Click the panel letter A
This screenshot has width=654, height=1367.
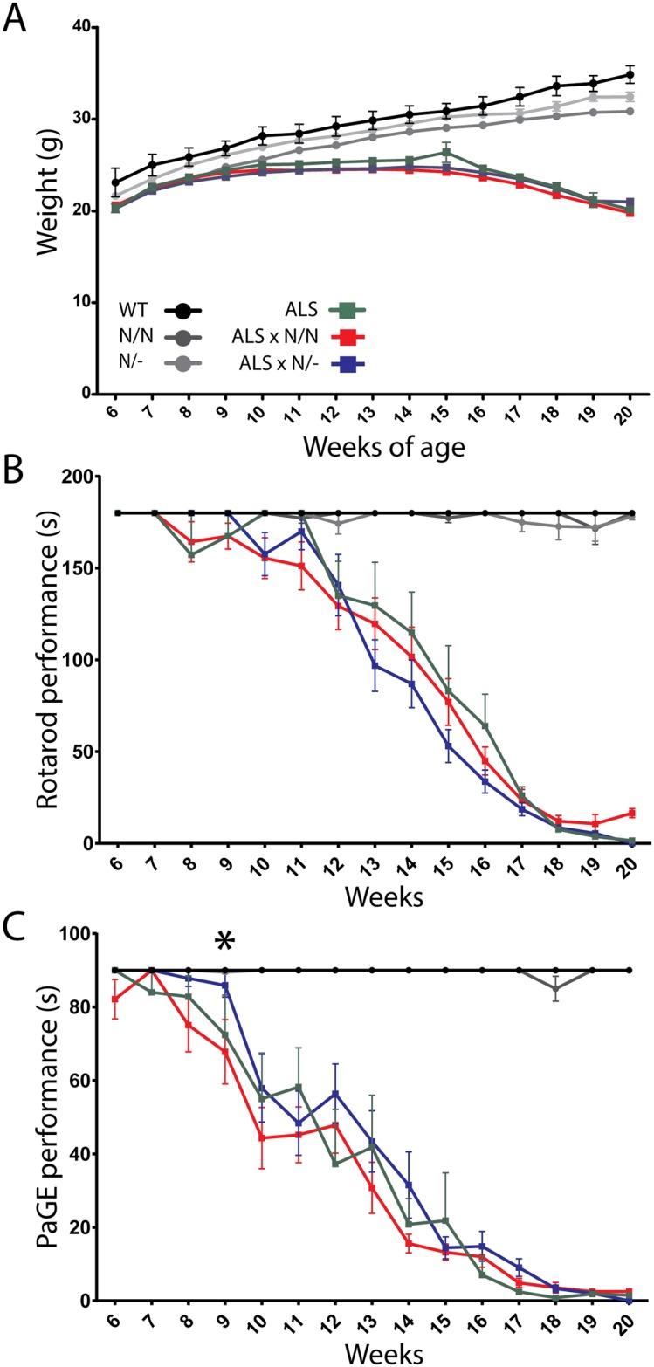15,18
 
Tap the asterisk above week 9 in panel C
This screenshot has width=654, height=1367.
225,943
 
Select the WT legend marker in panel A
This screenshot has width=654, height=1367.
183,310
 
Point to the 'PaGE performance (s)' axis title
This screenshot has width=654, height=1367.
48,1119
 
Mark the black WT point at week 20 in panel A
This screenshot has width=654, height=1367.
630,75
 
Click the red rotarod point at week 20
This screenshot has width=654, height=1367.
630,813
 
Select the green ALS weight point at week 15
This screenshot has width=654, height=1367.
446,153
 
